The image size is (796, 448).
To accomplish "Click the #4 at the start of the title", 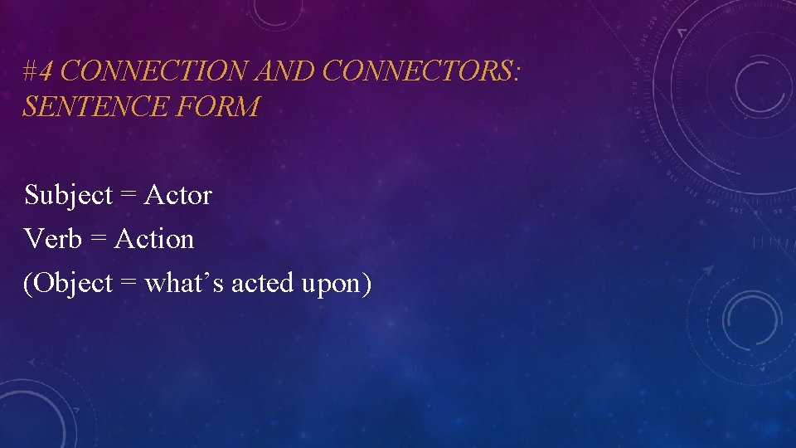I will tap(39, 72).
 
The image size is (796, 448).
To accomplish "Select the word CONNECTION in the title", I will tap(155, 72).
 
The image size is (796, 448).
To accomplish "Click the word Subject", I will tap(68, 196).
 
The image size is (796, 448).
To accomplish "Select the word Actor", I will tap(178, 196).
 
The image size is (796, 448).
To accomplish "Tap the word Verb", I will tap(53, 240).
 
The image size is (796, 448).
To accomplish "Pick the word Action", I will tap(154, 240).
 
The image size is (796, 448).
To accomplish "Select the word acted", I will tap(253, 284).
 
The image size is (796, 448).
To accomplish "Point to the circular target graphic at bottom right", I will tap(751, 319).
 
